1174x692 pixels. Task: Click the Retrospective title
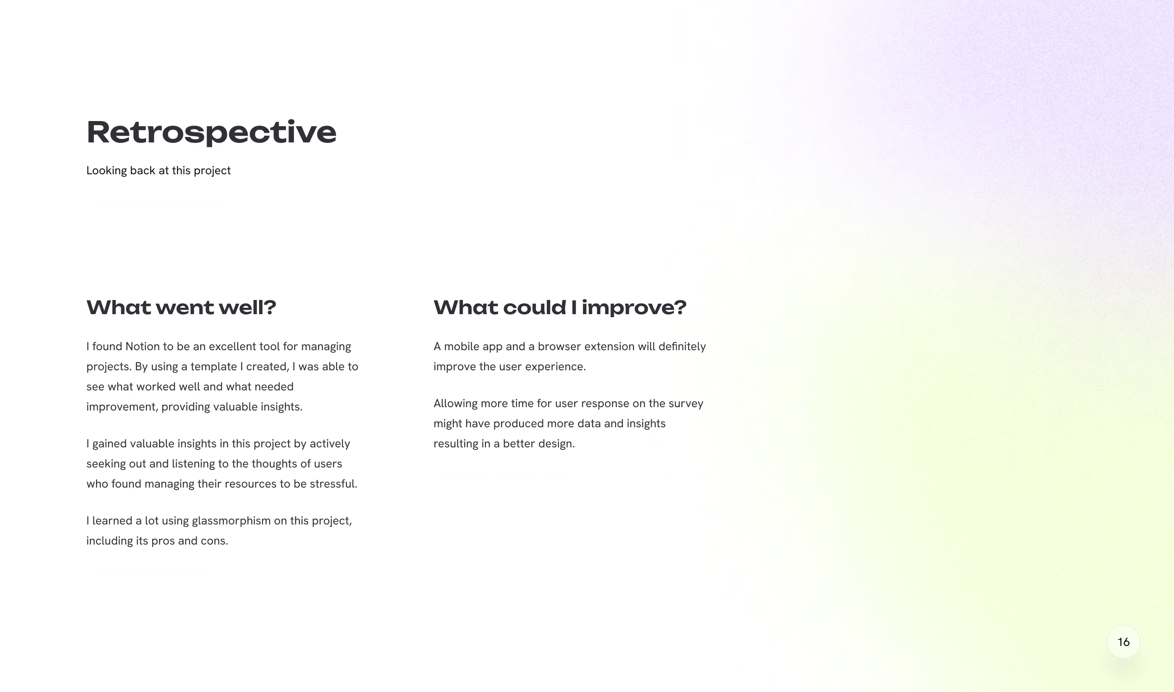pyautogui.click(x=211, y=132)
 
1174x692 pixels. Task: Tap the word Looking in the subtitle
pyautogui.click(x=107, y=170)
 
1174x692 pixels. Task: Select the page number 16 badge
pyautogui.click(x=1123, y=642)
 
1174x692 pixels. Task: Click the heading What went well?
pyautogui.click(x=182, y=307)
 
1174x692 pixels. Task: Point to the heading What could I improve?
pyautogui.click(x=560, y=307)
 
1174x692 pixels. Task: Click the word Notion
pyautogui.click(x=142, y=346)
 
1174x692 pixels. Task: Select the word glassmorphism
pyautogui.click(x=231, y=521)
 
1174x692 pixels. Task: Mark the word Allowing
pyautogui.click(x=455, y=404)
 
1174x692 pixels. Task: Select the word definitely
pyautogui.click(x=682, y=346)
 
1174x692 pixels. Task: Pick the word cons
pyautogui.click(x=214, y=541)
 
